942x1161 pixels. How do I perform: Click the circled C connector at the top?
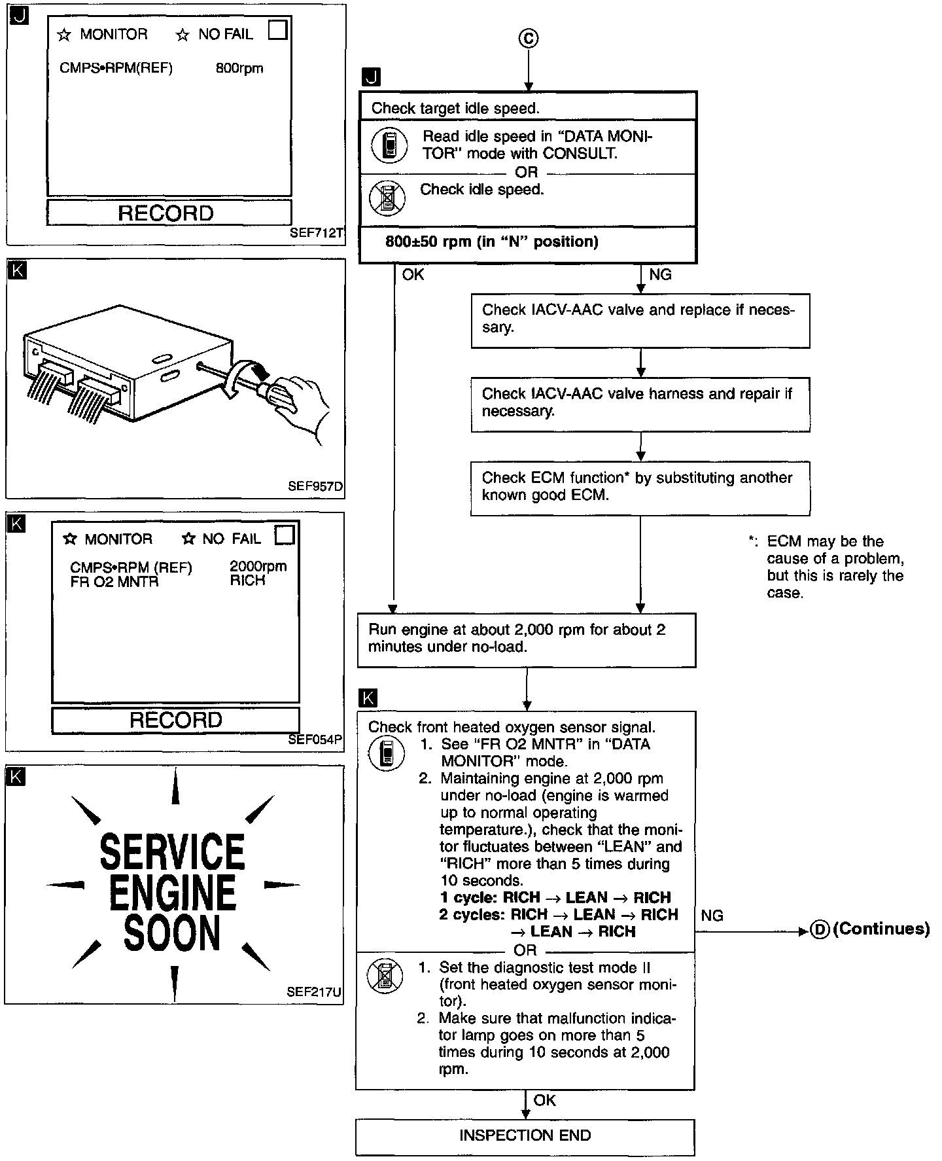tap(529, 39)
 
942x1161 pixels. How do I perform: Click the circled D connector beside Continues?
tap(820, 929)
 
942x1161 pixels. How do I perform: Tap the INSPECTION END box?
tap(525, 1135)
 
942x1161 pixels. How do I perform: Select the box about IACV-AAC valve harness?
tap(640, 403)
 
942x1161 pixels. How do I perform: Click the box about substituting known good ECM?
tap(640, 488)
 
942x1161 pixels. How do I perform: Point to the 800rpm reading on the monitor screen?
tap(239, 68)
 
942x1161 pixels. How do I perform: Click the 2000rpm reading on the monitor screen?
tap(258, 566)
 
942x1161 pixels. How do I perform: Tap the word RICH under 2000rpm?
tap(247, 580)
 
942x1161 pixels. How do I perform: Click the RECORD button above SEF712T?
tap(169, 213)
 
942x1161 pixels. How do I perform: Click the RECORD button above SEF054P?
tap(175, 720)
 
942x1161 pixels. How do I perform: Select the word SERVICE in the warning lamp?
tap(172, 851)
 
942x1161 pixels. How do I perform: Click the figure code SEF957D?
tap(315, 487)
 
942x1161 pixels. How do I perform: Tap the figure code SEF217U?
tap(313, 991)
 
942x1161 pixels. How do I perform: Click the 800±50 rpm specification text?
tap(491, 242)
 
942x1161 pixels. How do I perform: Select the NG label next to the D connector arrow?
tap(712, 916)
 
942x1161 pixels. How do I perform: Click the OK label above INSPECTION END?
tap(544, 1100)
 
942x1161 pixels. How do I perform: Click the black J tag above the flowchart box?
tap(370, 77)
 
